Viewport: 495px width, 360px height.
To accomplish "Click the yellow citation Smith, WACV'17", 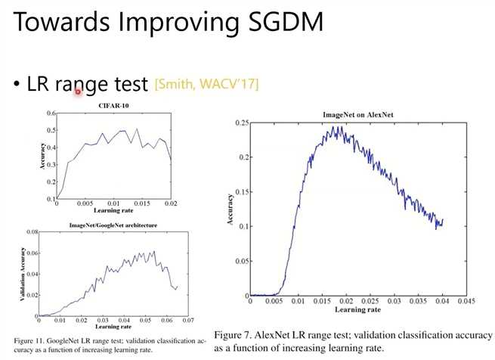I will [206, 83].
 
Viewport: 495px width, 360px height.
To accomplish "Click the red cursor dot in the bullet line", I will [78, 92].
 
